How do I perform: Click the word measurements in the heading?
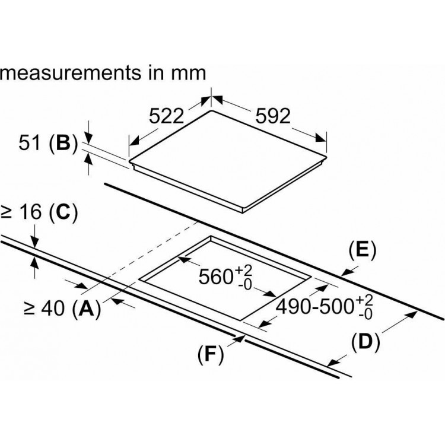(x=71, y=72)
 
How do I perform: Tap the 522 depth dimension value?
(x=167, y=116)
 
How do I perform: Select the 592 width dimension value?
(x=273, y=116)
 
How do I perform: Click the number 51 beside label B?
(x=29, y=142)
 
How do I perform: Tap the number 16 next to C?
(x=30, y=212)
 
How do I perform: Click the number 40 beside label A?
(x=53, y=309)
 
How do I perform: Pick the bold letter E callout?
(x=362, y=250)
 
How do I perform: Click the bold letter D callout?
(x=365, y=341)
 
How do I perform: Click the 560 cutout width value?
(x=216, y=276)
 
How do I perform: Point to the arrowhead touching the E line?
(x=347, y=272)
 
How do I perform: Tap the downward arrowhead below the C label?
(x=34, y=242)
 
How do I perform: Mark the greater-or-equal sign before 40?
(x=29, y=309)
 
